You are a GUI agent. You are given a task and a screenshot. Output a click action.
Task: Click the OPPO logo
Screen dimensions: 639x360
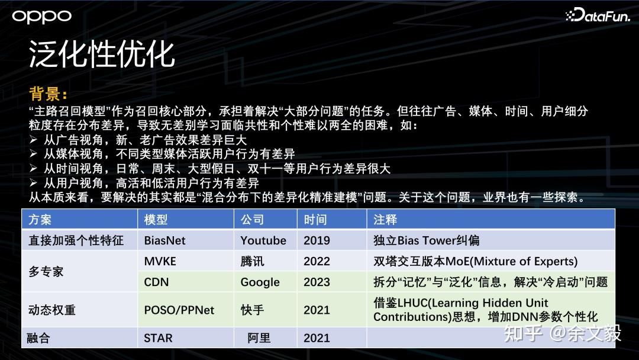(x=41, y=17)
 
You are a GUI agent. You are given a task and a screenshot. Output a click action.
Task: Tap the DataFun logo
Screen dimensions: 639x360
(x=598, y=15)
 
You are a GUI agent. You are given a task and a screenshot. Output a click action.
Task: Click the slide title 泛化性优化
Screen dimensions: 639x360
(x=102, y=54)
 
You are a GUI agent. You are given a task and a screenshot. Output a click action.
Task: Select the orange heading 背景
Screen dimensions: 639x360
(x=48, y=94)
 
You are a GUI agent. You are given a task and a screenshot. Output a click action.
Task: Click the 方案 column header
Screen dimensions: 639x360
(x=40, y=220)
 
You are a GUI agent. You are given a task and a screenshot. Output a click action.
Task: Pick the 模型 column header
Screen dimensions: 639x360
(x=156, y=220)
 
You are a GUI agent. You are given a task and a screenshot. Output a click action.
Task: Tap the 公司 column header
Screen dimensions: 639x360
(x=252, y=220)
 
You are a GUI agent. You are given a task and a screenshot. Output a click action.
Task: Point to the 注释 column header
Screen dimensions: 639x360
(x=385, y=220)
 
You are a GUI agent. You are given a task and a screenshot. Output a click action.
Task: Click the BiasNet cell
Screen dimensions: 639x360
(x=164, y=240)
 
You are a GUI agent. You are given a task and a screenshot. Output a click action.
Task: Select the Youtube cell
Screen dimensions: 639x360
(x=263, y=240)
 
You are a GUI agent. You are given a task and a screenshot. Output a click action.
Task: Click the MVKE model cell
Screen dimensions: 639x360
(x=160, y=261)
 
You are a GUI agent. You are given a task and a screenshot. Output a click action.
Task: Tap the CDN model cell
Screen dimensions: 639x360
(x=156, y=282)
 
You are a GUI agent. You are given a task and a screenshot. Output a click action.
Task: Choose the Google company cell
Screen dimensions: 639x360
(x=260, y=282)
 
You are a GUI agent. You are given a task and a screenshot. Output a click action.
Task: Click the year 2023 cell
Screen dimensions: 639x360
(x=317, y=282)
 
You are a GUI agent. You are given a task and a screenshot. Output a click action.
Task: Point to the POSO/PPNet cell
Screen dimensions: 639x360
(x=179, y=310)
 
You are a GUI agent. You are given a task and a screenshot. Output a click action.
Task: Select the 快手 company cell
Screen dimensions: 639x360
(x=252, y=310)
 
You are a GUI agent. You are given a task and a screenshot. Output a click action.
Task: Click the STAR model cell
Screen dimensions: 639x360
(x=158, y=338)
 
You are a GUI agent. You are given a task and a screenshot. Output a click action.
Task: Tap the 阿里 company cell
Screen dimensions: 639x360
(x=259, y=338)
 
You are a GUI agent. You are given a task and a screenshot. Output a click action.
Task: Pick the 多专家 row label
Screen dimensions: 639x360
(x=46, y=272)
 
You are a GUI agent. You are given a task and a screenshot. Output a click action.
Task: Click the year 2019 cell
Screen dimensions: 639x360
(x=317, y=240)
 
